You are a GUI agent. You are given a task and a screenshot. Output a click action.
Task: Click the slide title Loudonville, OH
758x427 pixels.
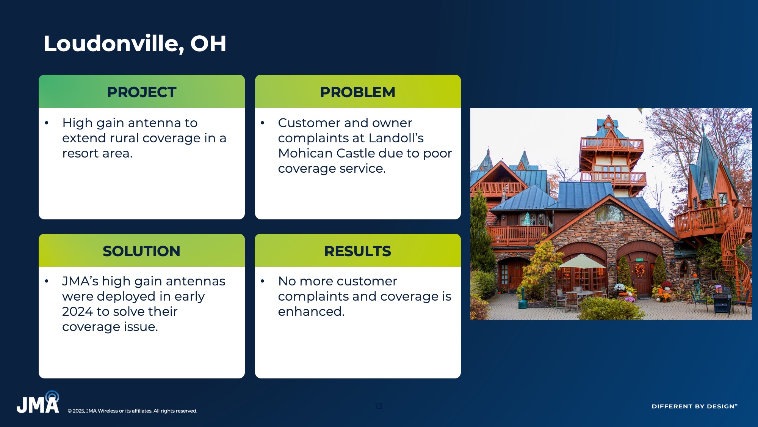(135, 44)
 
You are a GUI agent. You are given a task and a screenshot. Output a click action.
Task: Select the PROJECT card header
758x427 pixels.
(142, 91)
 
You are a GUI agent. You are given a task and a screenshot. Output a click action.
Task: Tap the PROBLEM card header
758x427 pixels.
(358, 91)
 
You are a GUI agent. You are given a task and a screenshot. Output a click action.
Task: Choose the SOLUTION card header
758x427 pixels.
(142, 251)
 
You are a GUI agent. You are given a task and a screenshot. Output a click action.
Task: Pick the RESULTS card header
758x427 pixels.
(358, 251)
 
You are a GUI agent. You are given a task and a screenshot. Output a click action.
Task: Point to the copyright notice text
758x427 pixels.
(133, 411)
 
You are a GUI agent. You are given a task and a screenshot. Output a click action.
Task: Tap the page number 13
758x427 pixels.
(379, 406)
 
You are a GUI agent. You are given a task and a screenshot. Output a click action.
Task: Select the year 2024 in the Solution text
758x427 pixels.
(77, 311)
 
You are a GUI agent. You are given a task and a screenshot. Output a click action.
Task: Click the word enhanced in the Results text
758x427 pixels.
(311, 311)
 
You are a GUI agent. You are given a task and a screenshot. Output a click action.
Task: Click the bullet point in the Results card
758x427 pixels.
(262, 281)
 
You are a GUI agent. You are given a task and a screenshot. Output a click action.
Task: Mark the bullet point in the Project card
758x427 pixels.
(47, 123)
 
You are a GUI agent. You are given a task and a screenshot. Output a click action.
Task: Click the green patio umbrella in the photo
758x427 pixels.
(582, 262)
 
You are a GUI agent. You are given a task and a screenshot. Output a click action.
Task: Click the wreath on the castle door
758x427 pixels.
(640, 270)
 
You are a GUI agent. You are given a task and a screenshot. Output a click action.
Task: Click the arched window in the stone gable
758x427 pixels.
(609, 213)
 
